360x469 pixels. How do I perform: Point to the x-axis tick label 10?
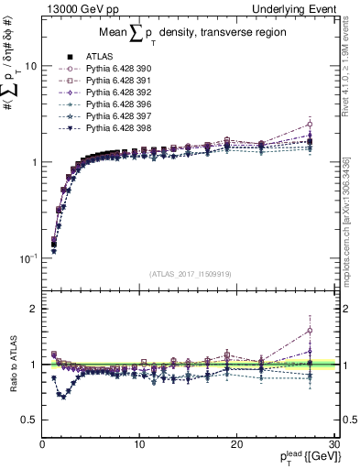(x=139, y=444)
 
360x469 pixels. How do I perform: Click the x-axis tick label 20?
(x=236, y=444)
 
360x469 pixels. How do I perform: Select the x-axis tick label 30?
(x=333, y=444)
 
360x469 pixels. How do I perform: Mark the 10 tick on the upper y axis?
(x=30, y=67)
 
